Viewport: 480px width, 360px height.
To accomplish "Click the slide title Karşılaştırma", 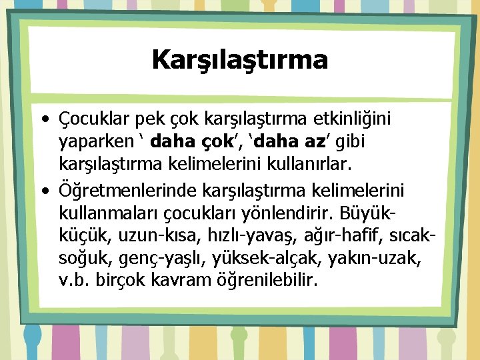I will [240, 60].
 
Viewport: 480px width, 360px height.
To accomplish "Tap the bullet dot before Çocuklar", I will [43, 120].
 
